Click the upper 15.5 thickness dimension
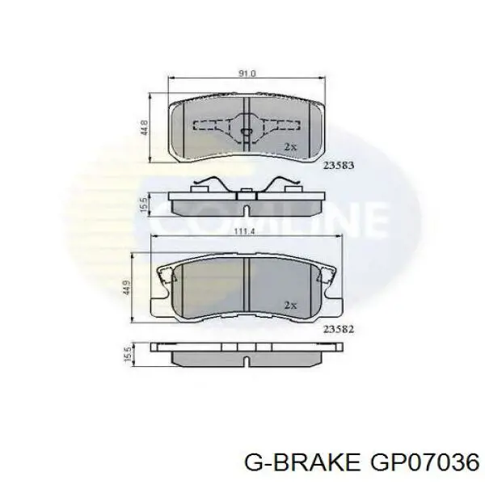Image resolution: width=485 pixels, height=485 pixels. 142,203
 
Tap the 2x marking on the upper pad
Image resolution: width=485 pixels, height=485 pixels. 290,147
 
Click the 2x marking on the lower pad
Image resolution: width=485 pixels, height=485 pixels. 290,305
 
